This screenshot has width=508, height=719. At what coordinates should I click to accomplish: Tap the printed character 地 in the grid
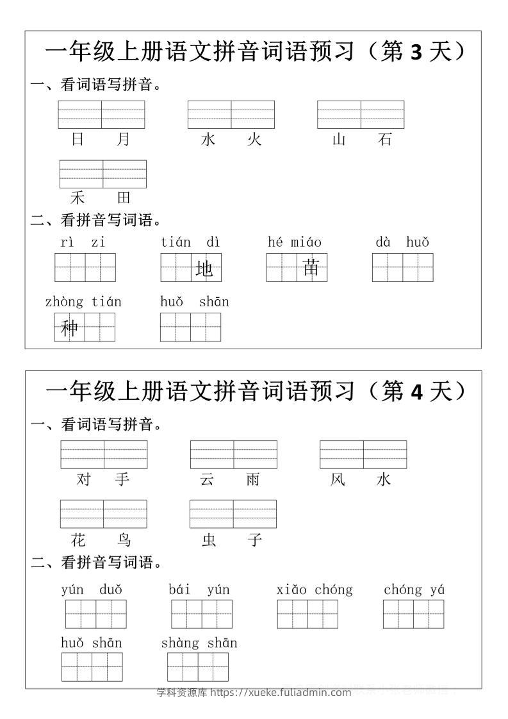coord(204,270)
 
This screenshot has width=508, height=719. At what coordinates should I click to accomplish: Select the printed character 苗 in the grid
coord(311,268)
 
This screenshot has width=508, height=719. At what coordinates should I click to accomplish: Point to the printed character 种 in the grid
coord(69,328)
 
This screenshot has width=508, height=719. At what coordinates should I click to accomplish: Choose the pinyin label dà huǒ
coord(402,242)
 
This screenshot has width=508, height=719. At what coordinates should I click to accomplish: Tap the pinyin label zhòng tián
coord(83,302)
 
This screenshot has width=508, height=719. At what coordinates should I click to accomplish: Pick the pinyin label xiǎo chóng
coord(315,590)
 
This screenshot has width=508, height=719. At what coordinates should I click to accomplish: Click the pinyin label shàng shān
coord(199,643)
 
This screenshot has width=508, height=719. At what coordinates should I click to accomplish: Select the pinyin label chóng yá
coord(414,590)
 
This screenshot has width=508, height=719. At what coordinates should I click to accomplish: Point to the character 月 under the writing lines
coord(124,139)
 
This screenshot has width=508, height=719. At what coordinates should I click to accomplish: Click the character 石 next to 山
coord(385,139)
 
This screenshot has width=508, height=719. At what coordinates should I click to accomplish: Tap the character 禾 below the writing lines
coord(78,197)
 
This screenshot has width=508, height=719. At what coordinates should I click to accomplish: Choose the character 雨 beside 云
coord(254,479)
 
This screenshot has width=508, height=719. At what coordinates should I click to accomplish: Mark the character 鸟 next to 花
coord(124,540)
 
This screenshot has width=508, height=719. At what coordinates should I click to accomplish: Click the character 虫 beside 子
coord(209,540)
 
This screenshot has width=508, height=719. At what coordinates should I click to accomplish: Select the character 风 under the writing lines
coord(338,479)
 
